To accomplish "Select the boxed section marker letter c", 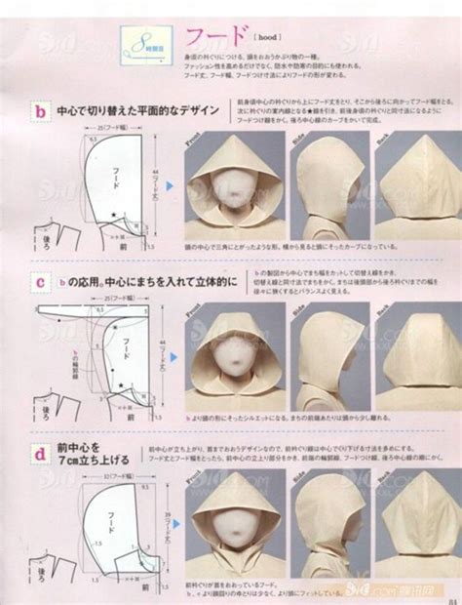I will (39, 282).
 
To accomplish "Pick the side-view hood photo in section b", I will (328, 185).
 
